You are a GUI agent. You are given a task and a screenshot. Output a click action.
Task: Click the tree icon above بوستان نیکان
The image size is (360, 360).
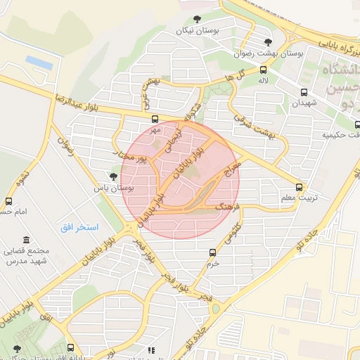[196, 20]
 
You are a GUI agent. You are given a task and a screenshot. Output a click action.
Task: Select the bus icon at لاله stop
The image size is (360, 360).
[263, 70]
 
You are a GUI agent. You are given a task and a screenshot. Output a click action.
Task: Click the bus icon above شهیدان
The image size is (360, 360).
[304, 91]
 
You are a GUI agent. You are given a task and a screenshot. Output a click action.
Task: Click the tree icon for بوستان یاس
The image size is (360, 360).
[113, 176]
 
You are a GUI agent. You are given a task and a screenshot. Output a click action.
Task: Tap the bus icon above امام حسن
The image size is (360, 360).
[8, 201]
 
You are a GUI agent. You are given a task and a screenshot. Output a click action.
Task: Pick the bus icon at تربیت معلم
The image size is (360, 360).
[300, 187]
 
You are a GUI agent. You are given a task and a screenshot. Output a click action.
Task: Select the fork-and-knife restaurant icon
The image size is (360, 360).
[150, 349]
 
